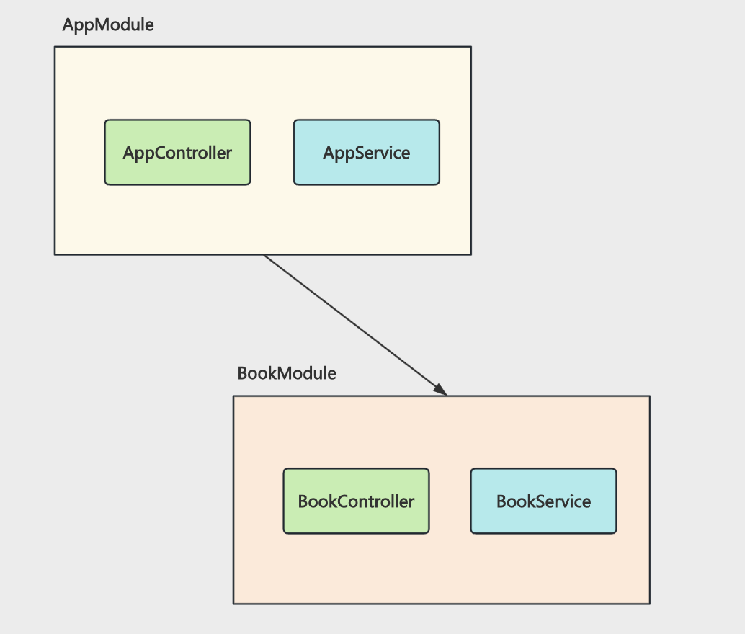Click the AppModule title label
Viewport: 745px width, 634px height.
108,25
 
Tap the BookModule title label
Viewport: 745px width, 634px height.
287,374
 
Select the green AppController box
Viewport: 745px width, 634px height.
178,153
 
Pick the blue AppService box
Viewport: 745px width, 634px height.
366,153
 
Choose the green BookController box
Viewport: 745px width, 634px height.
357,501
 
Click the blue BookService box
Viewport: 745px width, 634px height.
543,501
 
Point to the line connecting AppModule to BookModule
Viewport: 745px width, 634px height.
355,325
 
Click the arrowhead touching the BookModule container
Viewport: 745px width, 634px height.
441,390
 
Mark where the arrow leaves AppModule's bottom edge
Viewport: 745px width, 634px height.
264,255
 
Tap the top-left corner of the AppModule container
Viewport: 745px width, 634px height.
55,47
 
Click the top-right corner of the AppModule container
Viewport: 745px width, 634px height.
471,47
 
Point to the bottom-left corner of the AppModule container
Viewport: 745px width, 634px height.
55,255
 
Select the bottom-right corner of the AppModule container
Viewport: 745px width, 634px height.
471,255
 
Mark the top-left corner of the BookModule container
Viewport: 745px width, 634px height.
233,396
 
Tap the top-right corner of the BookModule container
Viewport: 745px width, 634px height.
650,396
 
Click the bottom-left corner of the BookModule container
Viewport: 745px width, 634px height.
233,604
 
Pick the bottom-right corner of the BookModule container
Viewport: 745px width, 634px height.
650,604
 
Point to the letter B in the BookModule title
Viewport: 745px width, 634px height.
242,374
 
